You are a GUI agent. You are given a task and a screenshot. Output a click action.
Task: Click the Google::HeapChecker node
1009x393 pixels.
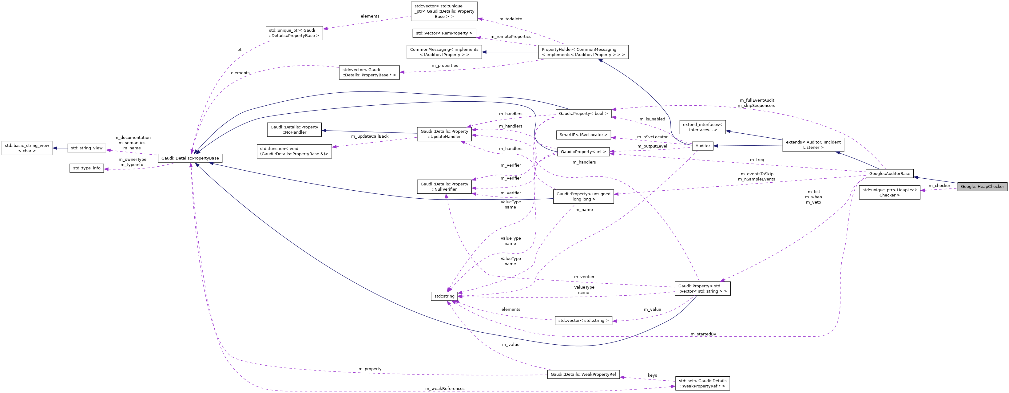click(982, 186)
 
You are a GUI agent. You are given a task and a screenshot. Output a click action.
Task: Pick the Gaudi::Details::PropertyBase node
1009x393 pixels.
click(190, 158)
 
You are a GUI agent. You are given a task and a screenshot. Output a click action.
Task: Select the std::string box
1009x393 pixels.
click(444, 296)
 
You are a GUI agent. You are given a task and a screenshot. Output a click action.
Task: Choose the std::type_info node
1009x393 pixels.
click(86, 168)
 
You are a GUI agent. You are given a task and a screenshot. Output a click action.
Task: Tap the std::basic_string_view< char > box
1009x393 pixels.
click(27, 148)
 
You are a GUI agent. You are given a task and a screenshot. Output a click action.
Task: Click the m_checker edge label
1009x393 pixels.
click(939, 185)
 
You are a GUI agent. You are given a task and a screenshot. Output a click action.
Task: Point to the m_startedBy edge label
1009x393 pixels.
click(703, 334)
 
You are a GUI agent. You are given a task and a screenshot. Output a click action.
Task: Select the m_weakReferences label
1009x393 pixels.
click(445, 388)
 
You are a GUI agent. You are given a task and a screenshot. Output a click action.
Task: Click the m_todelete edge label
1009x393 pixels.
click(510, 19)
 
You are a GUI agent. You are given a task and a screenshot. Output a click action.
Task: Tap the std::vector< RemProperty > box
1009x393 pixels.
click(444, 33)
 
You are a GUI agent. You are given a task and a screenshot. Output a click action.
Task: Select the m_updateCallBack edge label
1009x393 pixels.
click(369, 136)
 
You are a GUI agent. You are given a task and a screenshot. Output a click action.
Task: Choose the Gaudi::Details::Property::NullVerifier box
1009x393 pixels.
click(444, 187)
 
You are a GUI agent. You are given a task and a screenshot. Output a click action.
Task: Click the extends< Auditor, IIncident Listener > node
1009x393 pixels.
click(813, 145)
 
